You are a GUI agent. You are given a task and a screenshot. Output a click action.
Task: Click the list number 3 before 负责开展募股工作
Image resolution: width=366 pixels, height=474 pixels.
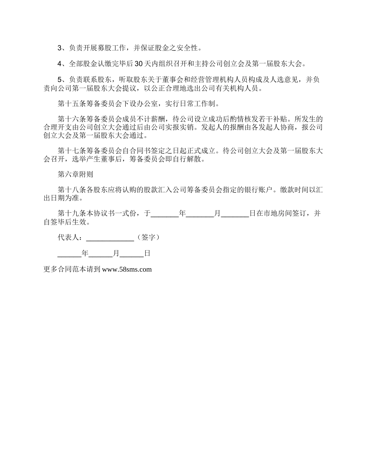[x=60, y=48]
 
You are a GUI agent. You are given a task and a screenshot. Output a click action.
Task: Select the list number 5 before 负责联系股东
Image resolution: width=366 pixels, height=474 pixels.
[x=60, y=80]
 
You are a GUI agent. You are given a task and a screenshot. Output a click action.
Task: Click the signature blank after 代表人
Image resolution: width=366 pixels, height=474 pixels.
[x=110, y=238]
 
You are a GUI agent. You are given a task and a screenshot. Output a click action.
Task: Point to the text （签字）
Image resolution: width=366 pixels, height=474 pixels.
[x=147, y=238]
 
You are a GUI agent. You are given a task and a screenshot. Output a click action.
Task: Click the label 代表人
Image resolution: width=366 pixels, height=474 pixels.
[x=68, y=238]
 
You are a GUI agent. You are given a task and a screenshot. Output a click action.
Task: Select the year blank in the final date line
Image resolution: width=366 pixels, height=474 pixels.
[x=69, y=254]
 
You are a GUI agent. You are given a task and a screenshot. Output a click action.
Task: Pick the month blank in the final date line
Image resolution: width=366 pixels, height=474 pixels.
[x=101, y=254]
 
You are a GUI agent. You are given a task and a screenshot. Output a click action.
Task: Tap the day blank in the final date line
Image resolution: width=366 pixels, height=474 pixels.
[x=132, y=254]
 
